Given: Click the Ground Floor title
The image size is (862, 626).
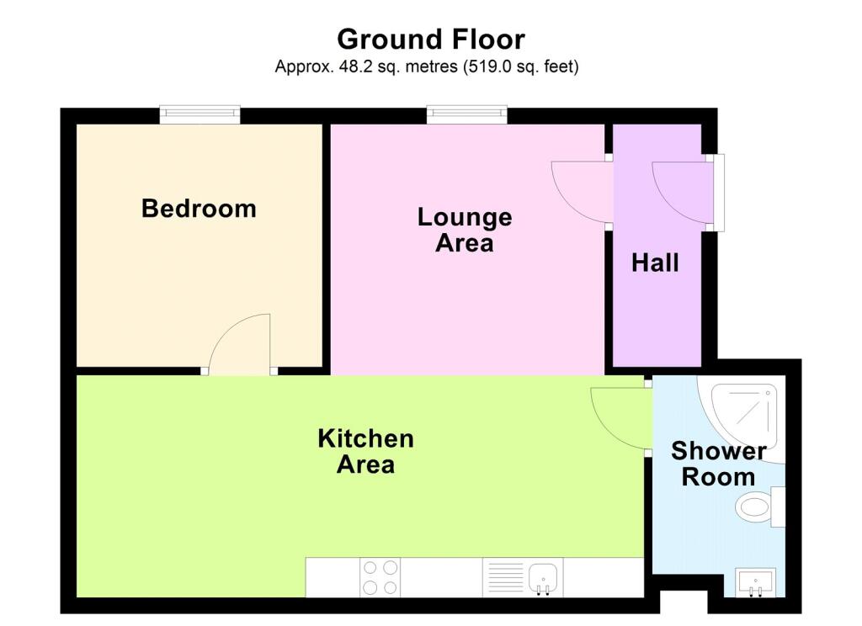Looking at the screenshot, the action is [431, 40].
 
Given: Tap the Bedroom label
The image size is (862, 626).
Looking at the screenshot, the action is [199, 209].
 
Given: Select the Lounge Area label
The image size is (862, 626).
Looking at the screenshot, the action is [465, 231].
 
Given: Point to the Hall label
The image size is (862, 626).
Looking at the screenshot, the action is [655, 263].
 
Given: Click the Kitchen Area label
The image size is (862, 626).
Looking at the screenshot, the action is [365, 452].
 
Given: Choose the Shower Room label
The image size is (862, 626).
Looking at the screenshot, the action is [719, 464].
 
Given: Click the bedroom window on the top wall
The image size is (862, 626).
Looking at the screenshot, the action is [200, 114].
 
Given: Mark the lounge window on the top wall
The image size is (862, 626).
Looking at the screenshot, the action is [466, 114].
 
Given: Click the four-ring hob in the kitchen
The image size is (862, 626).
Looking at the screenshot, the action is [380, 577].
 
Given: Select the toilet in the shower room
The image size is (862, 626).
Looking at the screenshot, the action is [760, 507].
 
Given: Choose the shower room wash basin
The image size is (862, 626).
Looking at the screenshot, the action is [756, 582].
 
